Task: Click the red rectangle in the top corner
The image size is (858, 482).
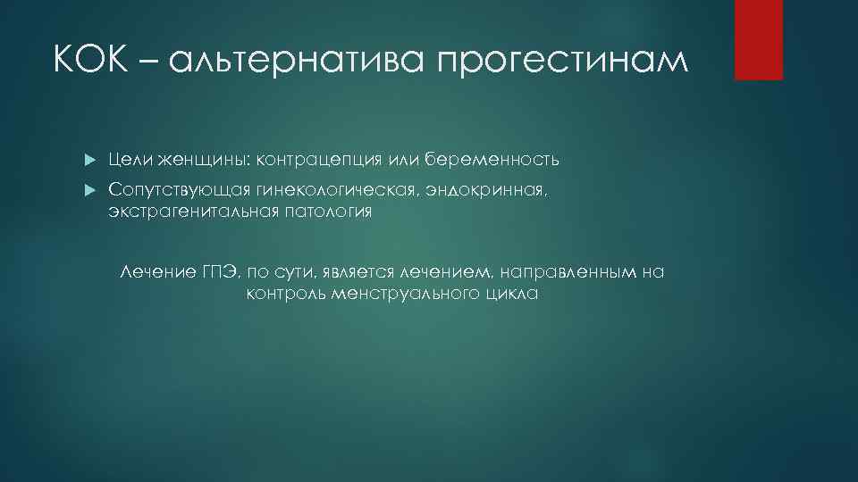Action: coord(758,39)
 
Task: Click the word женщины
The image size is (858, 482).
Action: coord(204,160)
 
